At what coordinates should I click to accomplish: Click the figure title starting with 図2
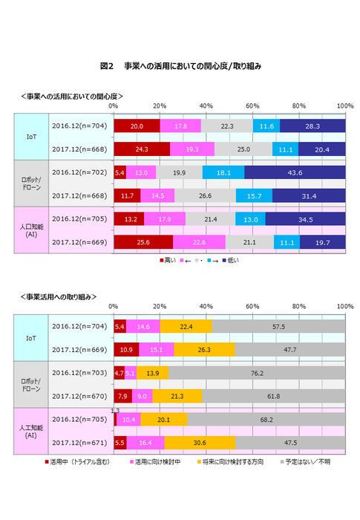tap(180, 65)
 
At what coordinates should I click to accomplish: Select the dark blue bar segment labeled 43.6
tap(294, 172)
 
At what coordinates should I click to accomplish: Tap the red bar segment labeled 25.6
tap(143, 242)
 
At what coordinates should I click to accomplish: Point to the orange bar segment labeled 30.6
tap(200, 443)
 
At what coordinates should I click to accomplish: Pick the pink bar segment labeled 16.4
tap(145, 443)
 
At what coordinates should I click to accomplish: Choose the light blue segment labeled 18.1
tap(223, 172)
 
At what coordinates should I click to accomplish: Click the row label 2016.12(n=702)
tap(80, 172)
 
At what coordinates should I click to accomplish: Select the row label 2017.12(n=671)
tap(80, 443)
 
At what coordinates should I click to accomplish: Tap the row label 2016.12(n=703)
tap(80, 373)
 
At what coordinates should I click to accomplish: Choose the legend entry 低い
tap(232, 260)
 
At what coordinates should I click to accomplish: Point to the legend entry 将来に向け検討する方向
tap(235, 462)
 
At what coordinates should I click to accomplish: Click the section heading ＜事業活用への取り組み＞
tap(59, 296)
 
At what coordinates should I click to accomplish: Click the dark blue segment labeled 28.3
tap(312, 126)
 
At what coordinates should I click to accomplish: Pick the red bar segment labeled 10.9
tap(125, 349)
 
